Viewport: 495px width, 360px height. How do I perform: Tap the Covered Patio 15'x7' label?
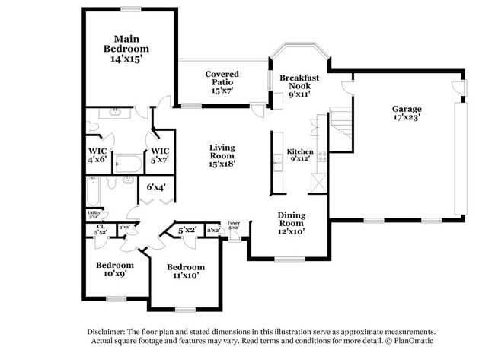[x=222, y=80]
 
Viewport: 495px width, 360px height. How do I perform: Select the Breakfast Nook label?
[x=298, y=83]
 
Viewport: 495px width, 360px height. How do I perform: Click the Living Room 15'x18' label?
[x=222, y=155]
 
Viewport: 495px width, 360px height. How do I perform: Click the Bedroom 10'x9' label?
[x=114, y=269]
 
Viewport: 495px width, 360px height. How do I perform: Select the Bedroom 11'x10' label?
[x=186, y=271]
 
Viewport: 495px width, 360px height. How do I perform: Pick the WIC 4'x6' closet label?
[x=97, y=155]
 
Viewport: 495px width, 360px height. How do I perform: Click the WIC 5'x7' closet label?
[x=160, y=155]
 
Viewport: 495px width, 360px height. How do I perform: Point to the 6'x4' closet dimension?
[x=156, y=186]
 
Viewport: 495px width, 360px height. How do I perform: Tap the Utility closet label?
[x=94, y=215]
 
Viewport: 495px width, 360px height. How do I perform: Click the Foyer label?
[x=234, y=225]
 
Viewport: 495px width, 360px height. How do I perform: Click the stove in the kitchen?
[x=322, y=156]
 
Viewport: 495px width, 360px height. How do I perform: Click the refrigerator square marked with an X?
[x=319, y=182]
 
